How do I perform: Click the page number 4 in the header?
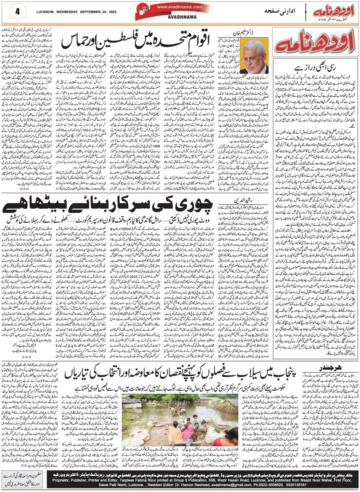[x=17, y=12]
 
